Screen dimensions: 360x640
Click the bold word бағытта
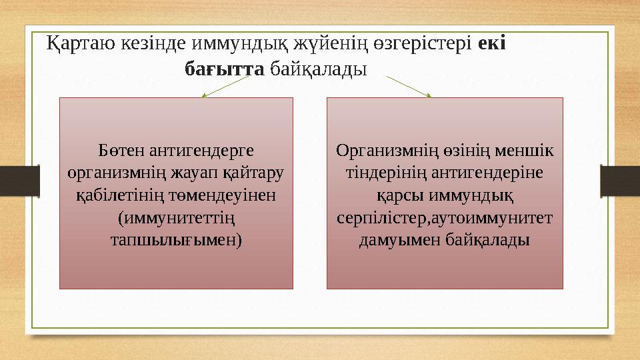[224, 69]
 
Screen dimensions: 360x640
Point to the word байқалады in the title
[318, 69]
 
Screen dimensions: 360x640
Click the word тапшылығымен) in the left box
[176, 239]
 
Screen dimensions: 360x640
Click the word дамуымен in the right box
[397, 239]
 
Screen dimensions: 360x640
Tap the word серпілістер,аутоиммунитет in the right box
[445, 217]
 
